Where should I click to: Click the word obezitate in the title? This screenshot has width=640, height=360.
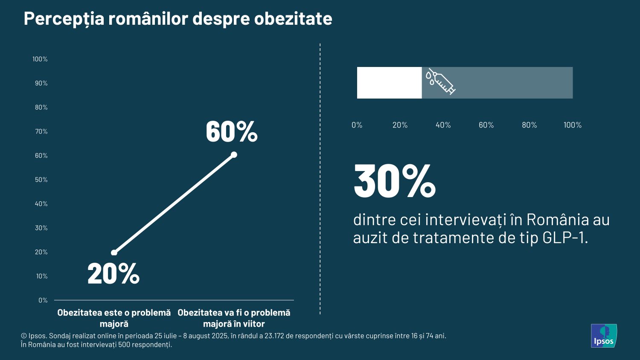pyautogui.click(x=293, y=19)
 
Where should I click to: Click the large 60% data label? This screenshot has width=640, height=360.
pyautogui.click(x=231, y=132)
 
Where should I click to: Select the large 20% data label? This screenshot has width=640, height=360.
pyautogui.click(x=113, y=274)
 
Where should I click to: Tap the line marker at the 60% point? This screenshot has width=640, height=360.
pyautogui.click(x=234, y=155)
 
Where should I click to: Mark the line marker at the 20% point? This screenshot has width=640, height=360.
pyautogui.click(x=114, y=253)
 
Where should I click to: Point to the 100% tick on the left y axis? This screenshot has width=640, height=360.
pyautogui.click(x=40, y=59)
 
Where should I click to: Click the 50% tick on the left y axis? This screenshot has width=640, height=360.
pyautogui.click(x=41, y=180)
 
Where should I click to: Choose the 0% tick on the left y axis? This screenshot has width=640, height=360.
pyautogui.click(x=43, y=301)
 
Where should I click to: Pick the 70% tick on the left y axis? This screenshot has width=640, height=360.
pyautogui.click(x=41, y=132)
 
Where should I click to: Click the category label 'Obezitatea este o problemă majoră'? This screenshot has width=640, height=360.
pyautogui.click(x=114, y=318)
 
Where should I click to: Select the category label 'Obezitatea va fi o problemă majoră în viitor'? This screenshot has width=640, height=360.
pyautogui.click(x=234, y=318)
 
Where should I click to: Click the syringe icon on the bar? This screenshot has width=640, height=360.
pyautogui.click(x=440, y=81)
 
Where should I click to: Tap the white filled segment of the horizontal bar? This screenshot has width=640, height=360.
pyautogui.click(x=389, y=83)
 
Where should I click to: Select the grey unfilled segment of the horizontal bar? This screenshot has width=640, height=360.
pyautogui.click(x=512, y=83)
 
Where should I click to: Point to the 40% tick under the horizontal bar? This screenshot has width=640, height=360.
pyautogui.click(x=443, y=125)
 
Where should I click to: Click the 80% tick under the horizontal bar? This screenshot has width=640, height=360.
pyautogui.click(x=529, y=125)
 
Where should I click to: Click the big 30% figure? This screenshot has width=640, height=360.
pyautogui.click(x=395, y=182)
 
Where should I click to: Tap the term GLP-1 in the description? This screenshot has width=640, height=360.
pyautogui.click(x=564, y=238)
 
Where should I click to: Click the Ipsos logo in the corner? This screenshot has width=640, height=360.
pyautogui.click(x=603, y=336)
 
